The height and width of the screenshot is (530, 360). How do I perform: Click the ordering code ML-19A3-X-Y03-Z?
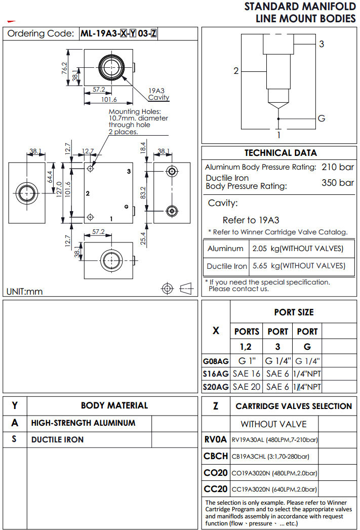pyautogui.click(x=119, y=34)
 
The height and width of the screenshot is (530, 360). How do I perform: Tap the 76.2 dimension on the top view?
pyautogui.click(x=65, y=67)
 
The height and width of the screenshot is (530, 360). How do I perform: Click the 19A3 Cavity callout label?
pyautogui.click(x=158, y=94)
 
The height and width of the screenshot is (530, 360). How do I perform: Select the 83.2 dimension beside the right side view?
pyautogui.click(x=143, y=192)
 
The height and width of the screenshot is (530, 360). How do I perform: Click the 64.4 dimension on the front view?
pyautogui.click(x=50, y=177)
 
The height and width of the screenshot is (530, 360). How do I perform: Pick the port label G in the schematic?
pyautogui.click(x=321, y=118)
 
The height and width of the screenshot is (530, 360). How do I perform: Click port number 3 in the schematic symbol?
pyautogui.click(x=321, y=44)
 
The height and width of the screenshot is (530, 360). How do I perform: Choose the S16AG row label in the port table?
pyautogui.click(x=216, y=374)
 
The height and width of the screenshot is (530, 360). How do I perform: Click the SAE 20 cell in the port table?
pyautogui.click(x=247, y=387)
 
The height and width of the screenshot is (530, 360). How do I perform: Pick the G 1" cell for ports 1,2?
pyautogui.click(x=247, y=361)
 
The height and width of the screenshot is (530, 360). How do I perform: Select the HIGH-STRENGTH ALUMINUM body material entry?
pyautogui.click(x=84, y=423)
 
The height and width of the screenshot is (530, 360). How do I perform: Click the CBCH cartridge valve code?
pyautogui.click(x=216, y=456)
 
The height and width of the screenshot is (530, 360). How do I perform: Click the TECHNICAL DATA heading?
pyautogui.click(x=281, y=153)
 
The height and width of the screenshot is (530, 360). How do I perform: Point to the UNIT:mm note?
pyautogui.click(x=25, y=292)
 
